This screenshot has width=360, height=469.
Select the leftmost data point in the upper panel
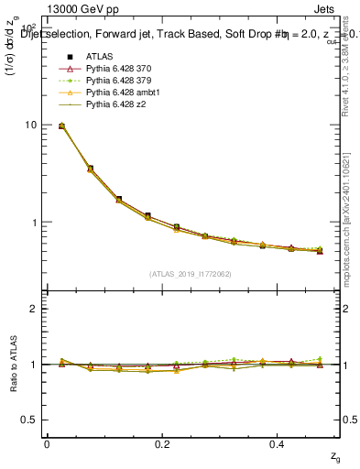click(61, 125)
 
